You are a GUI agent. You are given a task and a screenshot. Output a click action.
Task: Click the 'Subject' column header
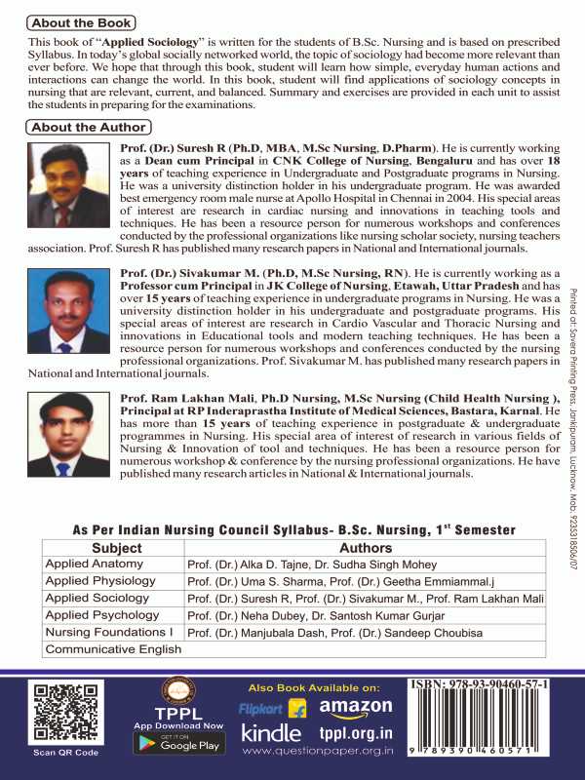pos(115,548)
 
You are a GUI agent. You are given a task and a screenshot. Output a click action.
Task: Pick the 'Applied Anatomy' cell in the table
pos(95,564)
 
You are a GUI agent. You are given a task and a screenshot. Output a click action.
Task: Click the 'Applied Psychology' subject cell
pos(102,615)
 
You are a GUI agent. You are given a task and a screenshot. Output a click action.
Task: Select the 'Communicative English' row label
pos(107,648)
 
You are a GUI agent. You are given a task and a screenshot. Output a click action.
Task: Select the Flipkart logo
pos(273,708)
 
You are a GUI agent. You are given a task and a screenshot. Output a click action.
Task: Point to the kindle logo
pos(271,732)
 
